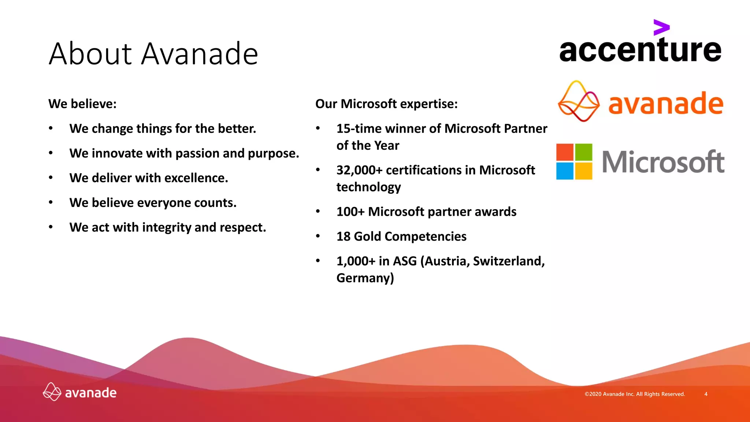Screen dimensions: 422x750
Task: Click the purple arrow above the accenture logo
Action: [x=661, y=27]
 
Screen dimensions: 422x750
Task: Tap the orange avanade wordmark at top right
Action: [x=665, y=104]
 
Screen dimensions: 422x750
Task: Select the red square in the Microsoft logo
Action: [x=565, y=152]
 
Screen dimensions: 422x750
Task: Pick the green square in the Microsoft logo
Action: [x=583, y=152]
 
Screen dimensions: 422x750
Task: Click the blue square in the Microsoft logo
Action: [x=565, y=171]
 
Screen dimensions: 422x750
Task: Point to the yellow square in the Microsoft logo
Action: [x=583, y=171]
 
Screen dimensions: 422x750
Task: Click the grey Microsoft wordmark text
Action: [x=663, y=162]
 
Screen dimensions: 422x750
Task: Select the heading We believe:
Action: [x=82, y=104]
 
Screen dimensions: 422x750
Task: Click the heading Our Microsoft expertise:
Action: [x=386, y=104]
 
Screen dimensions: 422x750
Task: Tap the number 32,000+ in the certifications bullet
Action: [x=359, y=170]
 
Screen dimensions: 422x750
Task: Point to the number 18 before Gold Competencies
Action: [x=344, y=236]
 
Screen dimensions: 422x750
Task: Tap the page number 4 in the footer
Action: [x=706, y=394]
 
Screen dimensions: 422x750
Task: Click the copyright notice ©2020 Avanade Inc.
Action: [x=634, y=394]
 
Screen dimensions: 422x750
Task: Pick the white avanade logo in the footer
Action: [x=80, y=392]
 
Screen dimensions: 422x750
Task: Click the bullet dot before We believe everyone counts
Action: [x=51, y=202]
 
